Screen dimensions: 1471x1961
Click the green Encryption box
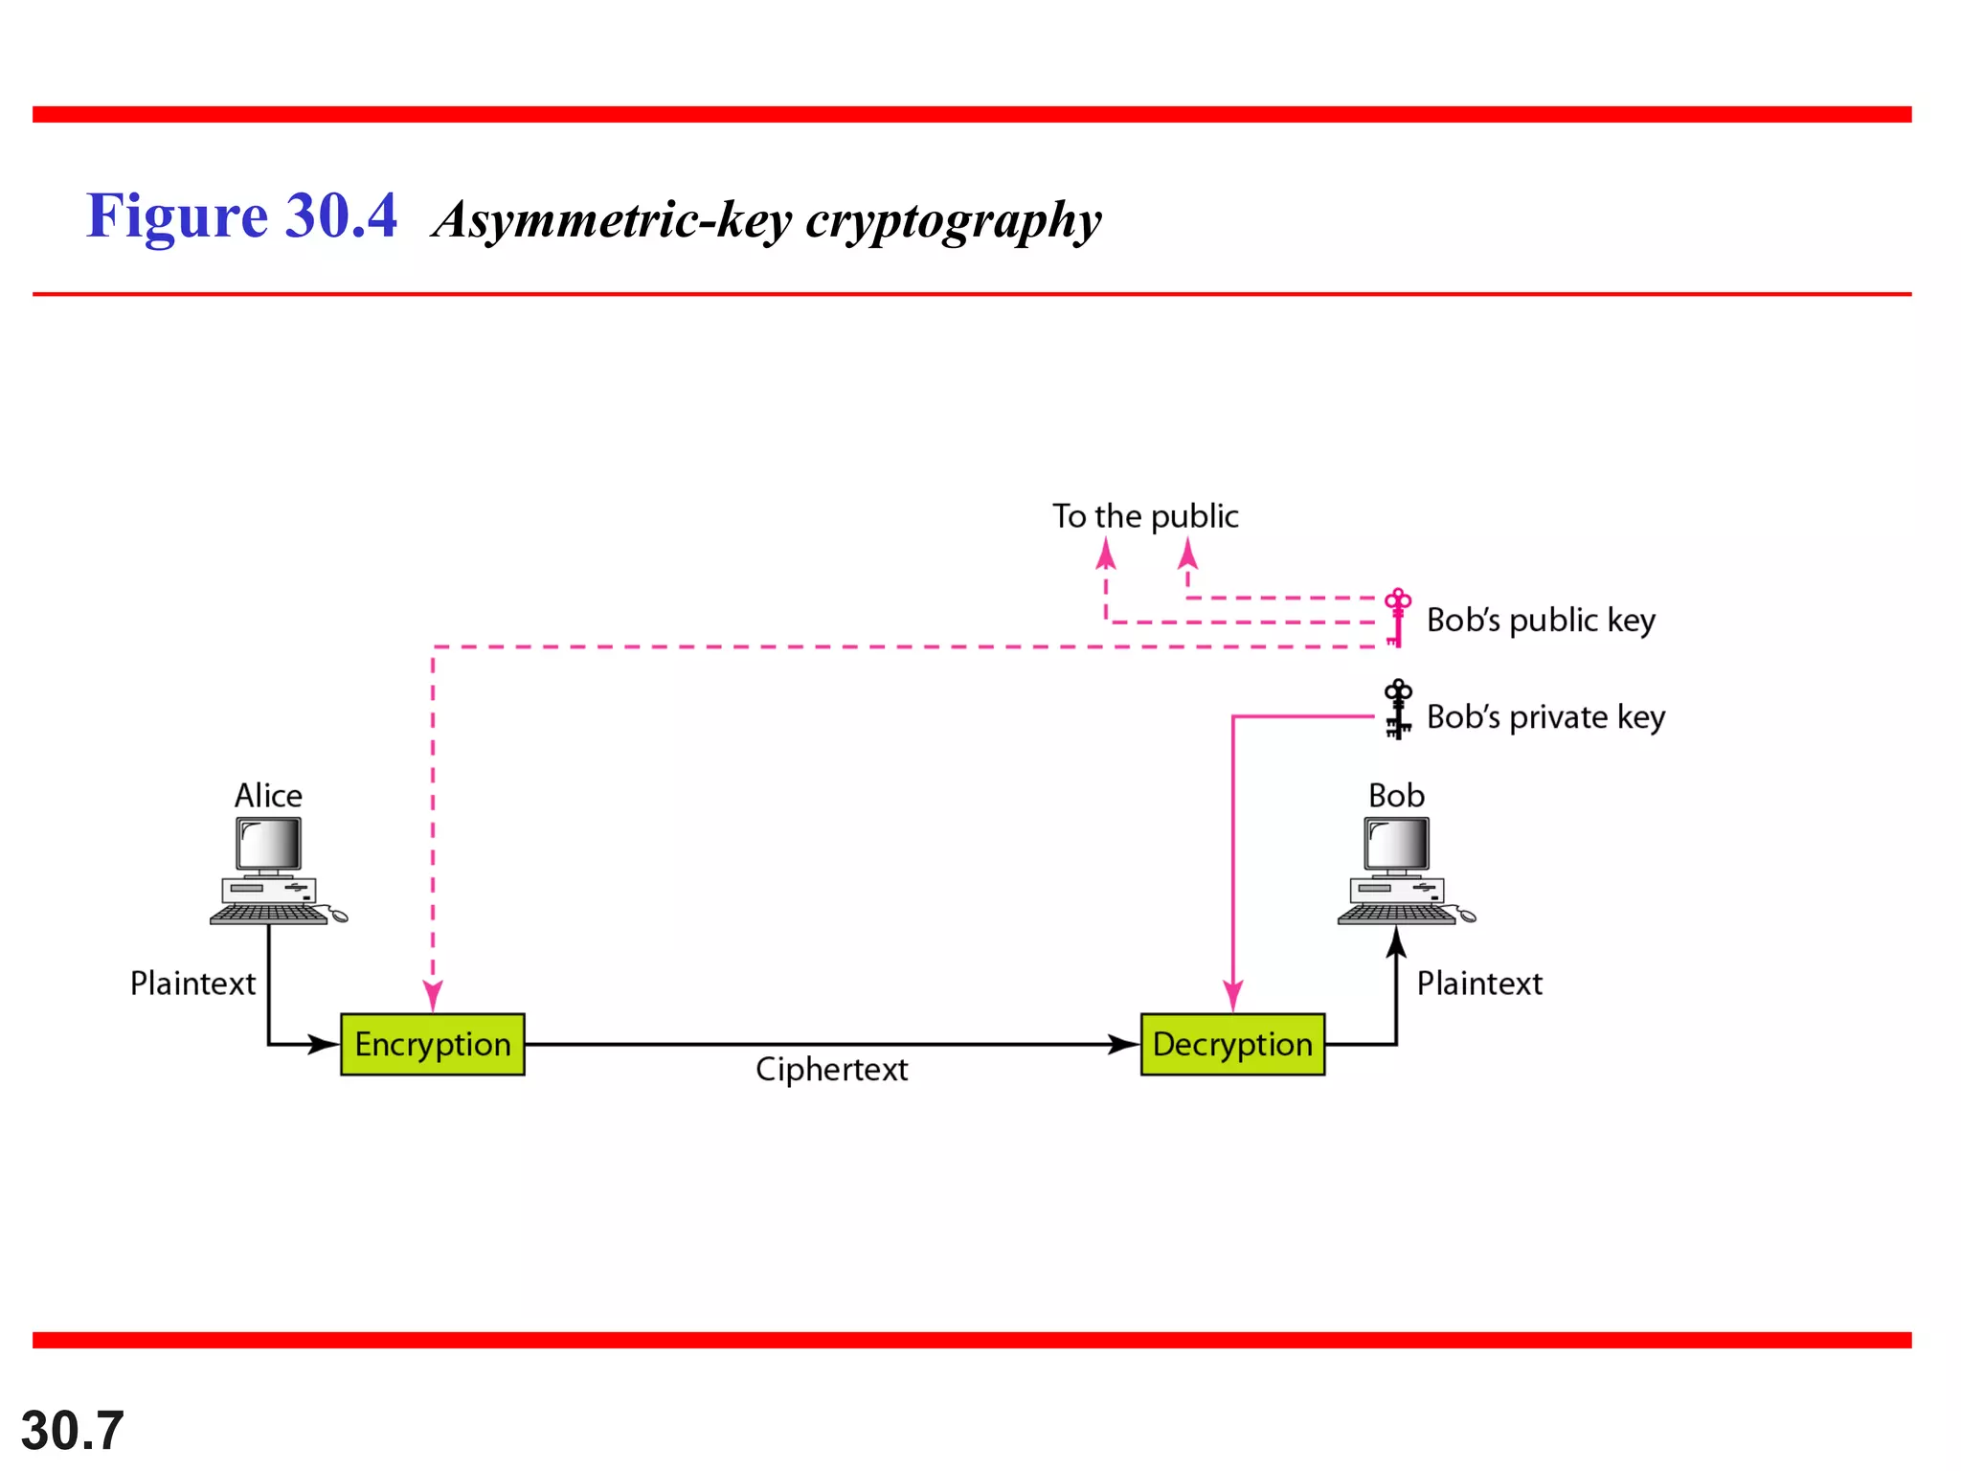[432, 1044]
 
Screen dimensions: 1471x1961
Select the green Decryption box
[1232, 1044]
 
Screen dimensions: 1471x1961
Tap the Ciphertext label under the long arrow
[831, 1069]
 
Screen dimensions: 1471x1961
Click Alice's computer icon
[273, 871]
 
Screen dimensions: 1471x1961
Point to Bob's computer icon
[1401, 871]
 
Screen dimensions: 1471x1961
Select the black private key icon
[1398, 710]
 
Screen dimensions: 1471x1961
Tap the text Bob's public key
[1540, 621]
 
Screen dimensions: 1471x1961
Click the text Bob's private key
[1544, 717]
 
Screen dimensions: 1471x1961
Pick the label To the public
[1145, 516]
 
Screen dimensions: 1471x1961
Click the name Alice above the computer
[268, 796]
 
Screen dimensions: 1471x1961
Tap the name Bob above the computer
[1396, 796]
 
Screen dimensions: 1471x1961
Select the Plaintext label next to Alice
[192, 984]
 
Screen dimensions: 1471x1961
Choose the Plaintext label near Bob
[1479, 984]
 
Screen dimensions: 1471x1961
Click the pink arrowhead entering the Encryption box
[433, 996]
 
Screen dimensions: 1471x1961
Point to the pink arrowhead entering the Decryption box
[1233, 996]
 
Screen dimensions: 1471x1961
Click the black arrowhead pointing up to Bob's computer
[1397, 942]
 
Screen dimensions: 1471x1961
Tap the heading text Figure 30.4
[241, 216]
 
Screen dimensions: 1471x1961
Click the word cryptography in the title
[953, 220]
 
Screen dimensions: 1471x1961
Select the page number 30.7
[73, 1431]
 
